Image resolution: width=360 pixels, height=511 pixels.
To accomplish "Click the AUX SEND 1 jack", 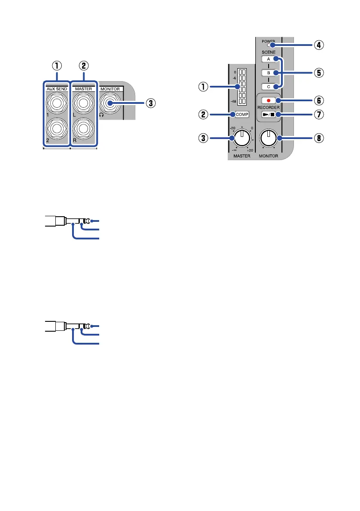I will click(x=56, y=103).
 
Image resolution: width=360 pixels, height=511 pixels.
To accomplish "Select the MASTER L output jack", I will click(x=83, y=103).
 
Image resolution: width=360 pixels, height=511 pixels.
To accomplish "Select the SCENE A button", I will click(x=268, y=59).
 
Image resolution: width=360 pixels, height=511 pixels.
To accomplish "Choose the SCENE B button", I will click(x=268, y=73).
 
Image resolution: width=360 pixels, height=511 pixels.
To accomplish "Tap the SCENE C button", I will click(x=268, y=87).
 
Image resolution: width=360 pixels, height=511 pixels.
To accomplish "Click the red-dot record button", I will click(x=268, y=100).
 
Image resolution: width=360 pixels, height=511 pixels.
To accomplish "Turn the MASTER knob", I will click(x=242, y=138).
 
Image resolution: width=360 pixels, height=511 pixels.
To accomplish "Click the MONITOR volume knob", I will click(x=269, y=138).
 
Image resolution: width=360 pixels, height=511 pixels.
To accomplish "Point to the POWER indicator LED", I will click(x=268, y=45).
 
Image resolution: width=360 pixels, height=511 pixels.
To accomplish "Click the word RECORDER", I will click(x=268, y=108).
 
